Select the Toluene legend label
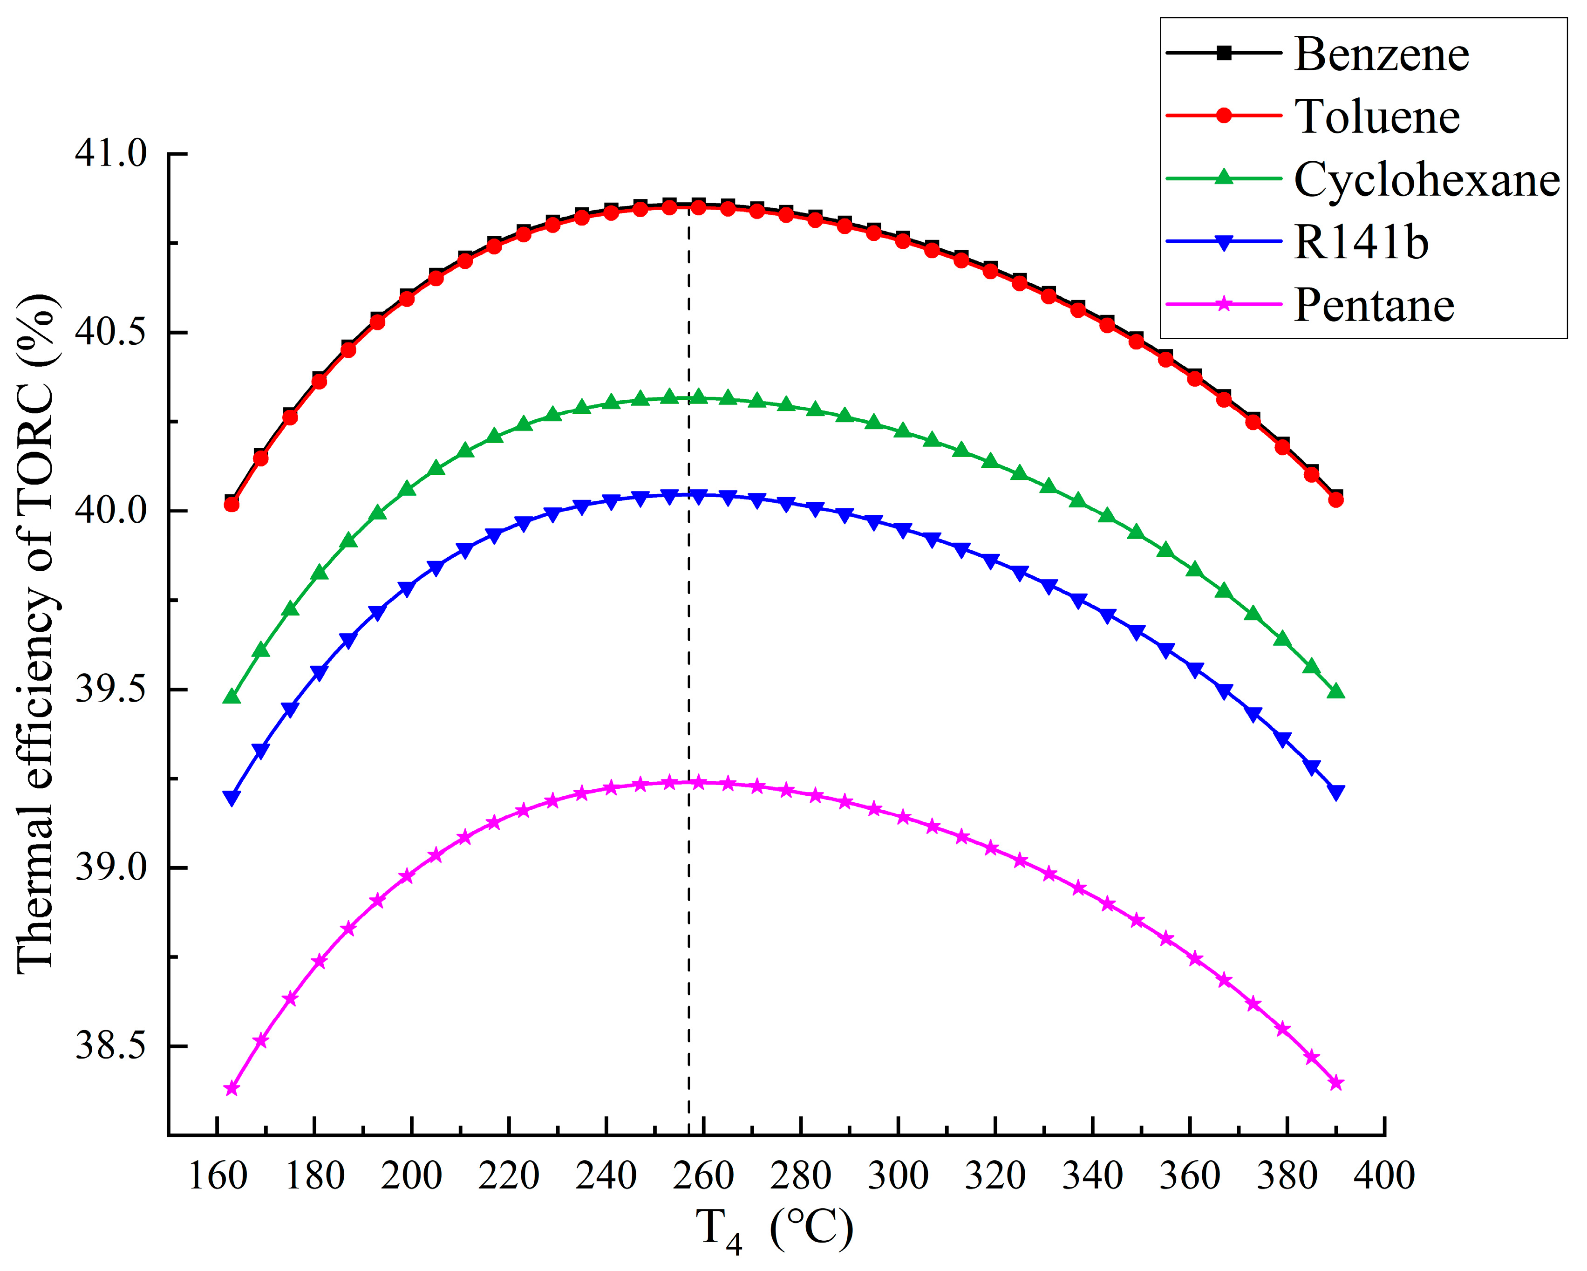pos(1376,116)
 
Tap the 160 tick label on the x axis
pos(218,1175)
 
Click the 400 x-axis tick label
pos(1384,1175)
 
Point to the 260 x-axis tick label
pos(704,1175)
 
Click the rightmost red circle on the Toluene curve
pos(1336,499)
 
